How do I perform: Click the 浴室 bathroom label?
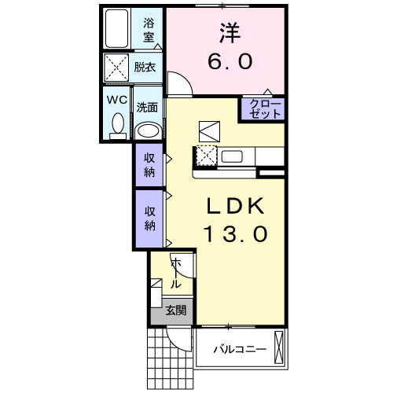148,30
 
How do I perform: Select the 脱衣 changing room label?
145,68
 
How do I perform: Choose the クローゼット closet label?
262,108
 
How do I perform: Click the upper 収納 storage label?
148,164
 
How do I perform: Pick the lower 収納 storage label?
148,218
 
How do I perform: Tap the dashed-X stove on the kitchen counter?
207,156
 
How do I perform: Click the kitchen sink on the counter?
233,156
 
